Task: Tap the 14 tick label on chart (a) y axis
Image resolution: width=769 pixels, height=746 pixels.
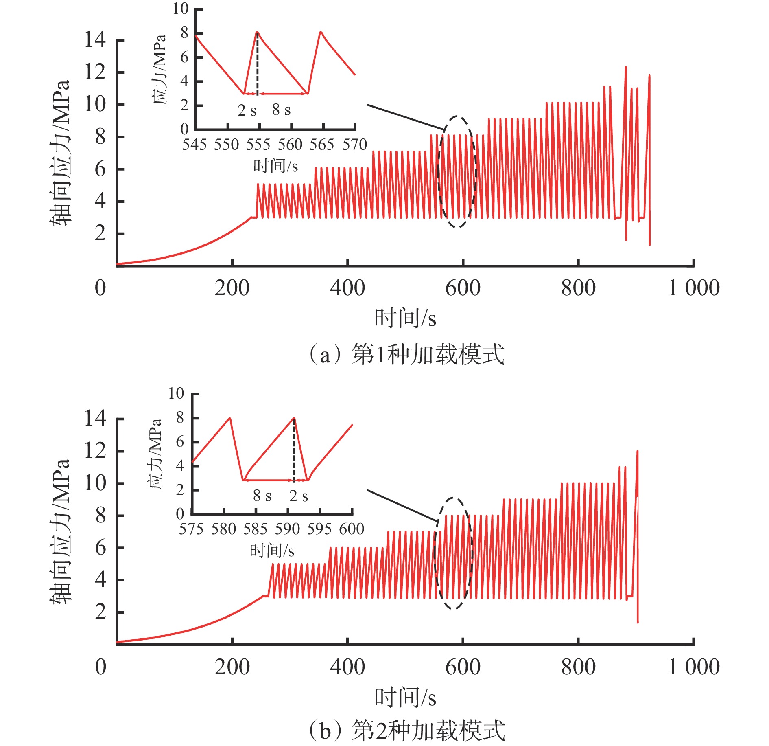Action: point(95,40)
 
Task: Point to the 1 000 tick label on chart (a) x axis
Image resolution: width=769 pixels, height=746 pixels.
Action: point(694,288)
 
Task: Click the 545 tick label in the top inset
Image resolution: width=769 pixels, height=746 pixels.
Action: point(194,145)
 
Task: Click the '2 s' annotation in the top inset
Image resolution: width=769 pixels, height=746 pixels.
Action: point(247,110)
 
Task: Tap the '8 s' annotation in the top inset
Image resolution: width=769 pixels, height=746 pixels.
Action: point(281,110)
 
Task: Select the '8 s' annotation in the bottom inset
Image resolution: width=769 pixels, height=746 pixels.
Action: point(262,496)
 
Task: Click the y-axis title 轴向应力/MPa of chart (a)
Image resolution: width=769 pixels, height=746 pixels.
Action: point(60,153)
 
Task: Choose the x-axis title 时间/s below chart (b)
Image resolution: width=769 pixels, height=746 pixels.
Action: point(405,698)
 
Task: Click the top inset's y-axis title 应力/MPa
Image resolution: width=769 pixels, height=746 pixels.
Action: point(159,69)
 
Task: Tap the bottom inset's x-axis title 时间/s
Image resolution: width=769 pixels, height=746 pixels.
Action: point(272,551)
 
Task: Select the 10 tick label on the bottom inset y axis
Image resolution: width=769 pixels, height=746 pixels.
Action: point(176,394)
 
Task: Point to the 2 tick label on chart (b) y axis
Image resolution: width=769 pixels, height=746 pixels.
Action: point(100,612)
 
